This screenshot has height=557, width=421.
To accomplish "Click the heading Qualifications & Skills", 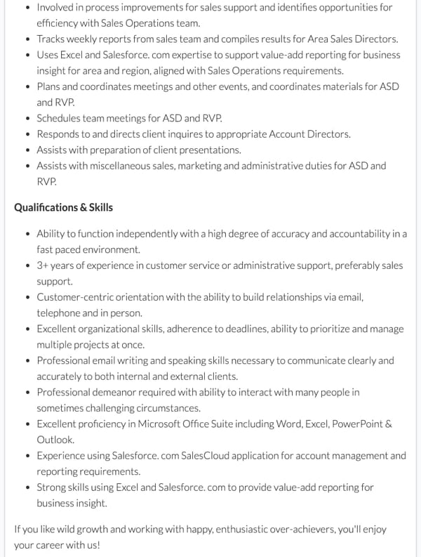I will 63,207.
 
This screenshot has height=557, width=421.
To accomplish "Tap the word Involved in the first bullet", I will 57,7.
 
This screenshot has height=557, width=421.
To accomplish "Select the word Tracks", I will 51,39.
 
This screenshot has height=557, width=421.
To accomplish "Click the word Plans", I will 49,86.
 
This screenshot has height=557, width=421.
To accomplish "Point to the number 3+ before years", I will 44,266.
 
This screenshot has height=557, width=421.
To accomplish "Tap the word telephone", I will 58,313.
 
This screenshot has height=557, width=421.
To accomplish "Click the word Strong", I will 51,487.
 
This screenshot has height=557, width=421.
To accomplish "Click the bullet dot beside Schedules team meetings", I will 27,118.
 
